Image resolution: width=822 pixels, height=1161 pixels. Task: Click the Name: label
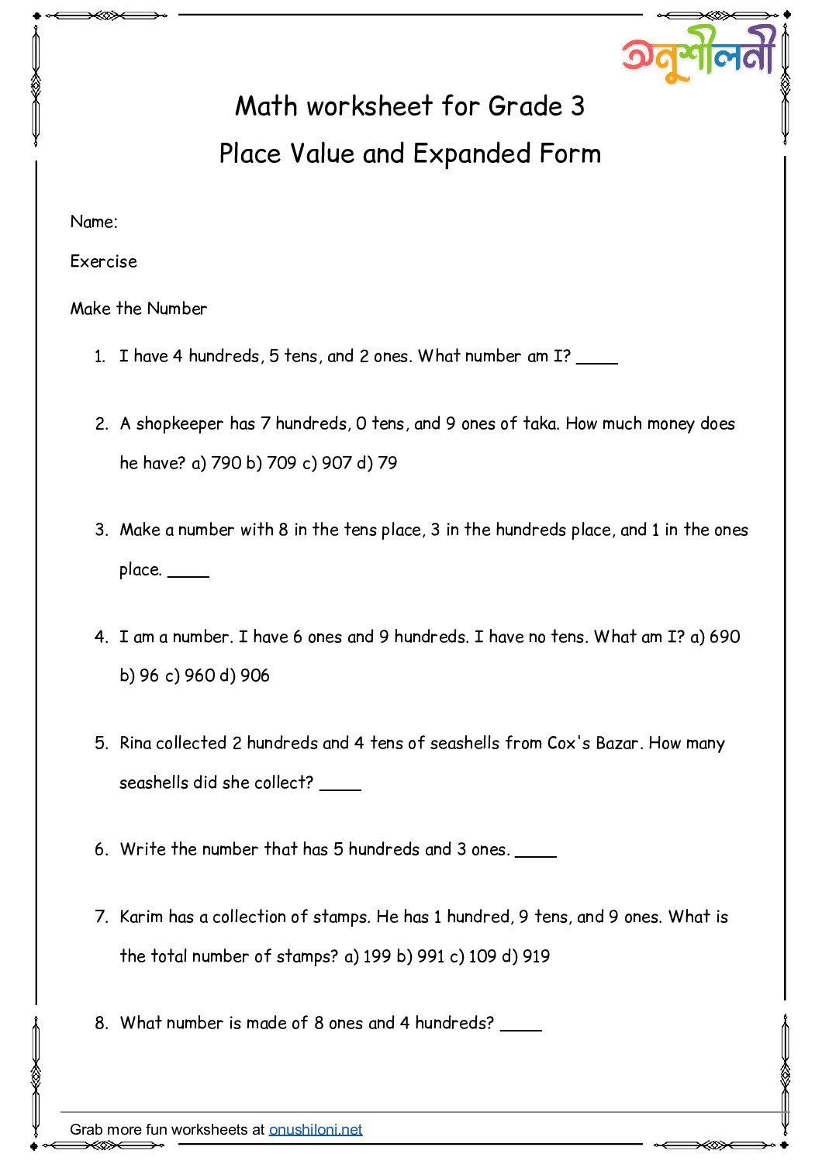[94, 223]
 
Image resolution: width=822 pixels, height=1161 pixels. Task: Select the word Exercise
[103, 262]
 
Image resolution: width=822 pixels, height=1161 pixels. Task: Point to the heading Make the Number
[139, 309]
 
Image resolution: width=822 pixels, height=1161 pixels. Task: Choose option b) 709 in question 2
[271, 463]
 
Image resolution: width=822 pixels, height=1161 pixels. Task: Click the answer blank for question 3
[188, 572]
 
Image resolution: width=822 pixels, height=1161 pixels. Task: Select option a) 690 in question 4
[715, 637]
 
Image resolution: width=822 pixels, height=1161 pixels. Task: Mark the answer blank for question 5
[340, 785]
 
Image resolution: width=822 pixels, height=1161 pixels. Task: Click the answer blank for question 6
[536, 852]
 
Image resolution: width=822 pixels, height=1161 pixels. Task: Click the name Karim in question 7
[142, 917]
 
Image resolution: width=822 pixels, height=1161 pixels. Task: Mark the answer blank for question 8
[521, 1025]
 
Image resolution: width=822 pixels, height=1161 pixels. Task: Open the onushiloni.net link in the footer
[316, 1129]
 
